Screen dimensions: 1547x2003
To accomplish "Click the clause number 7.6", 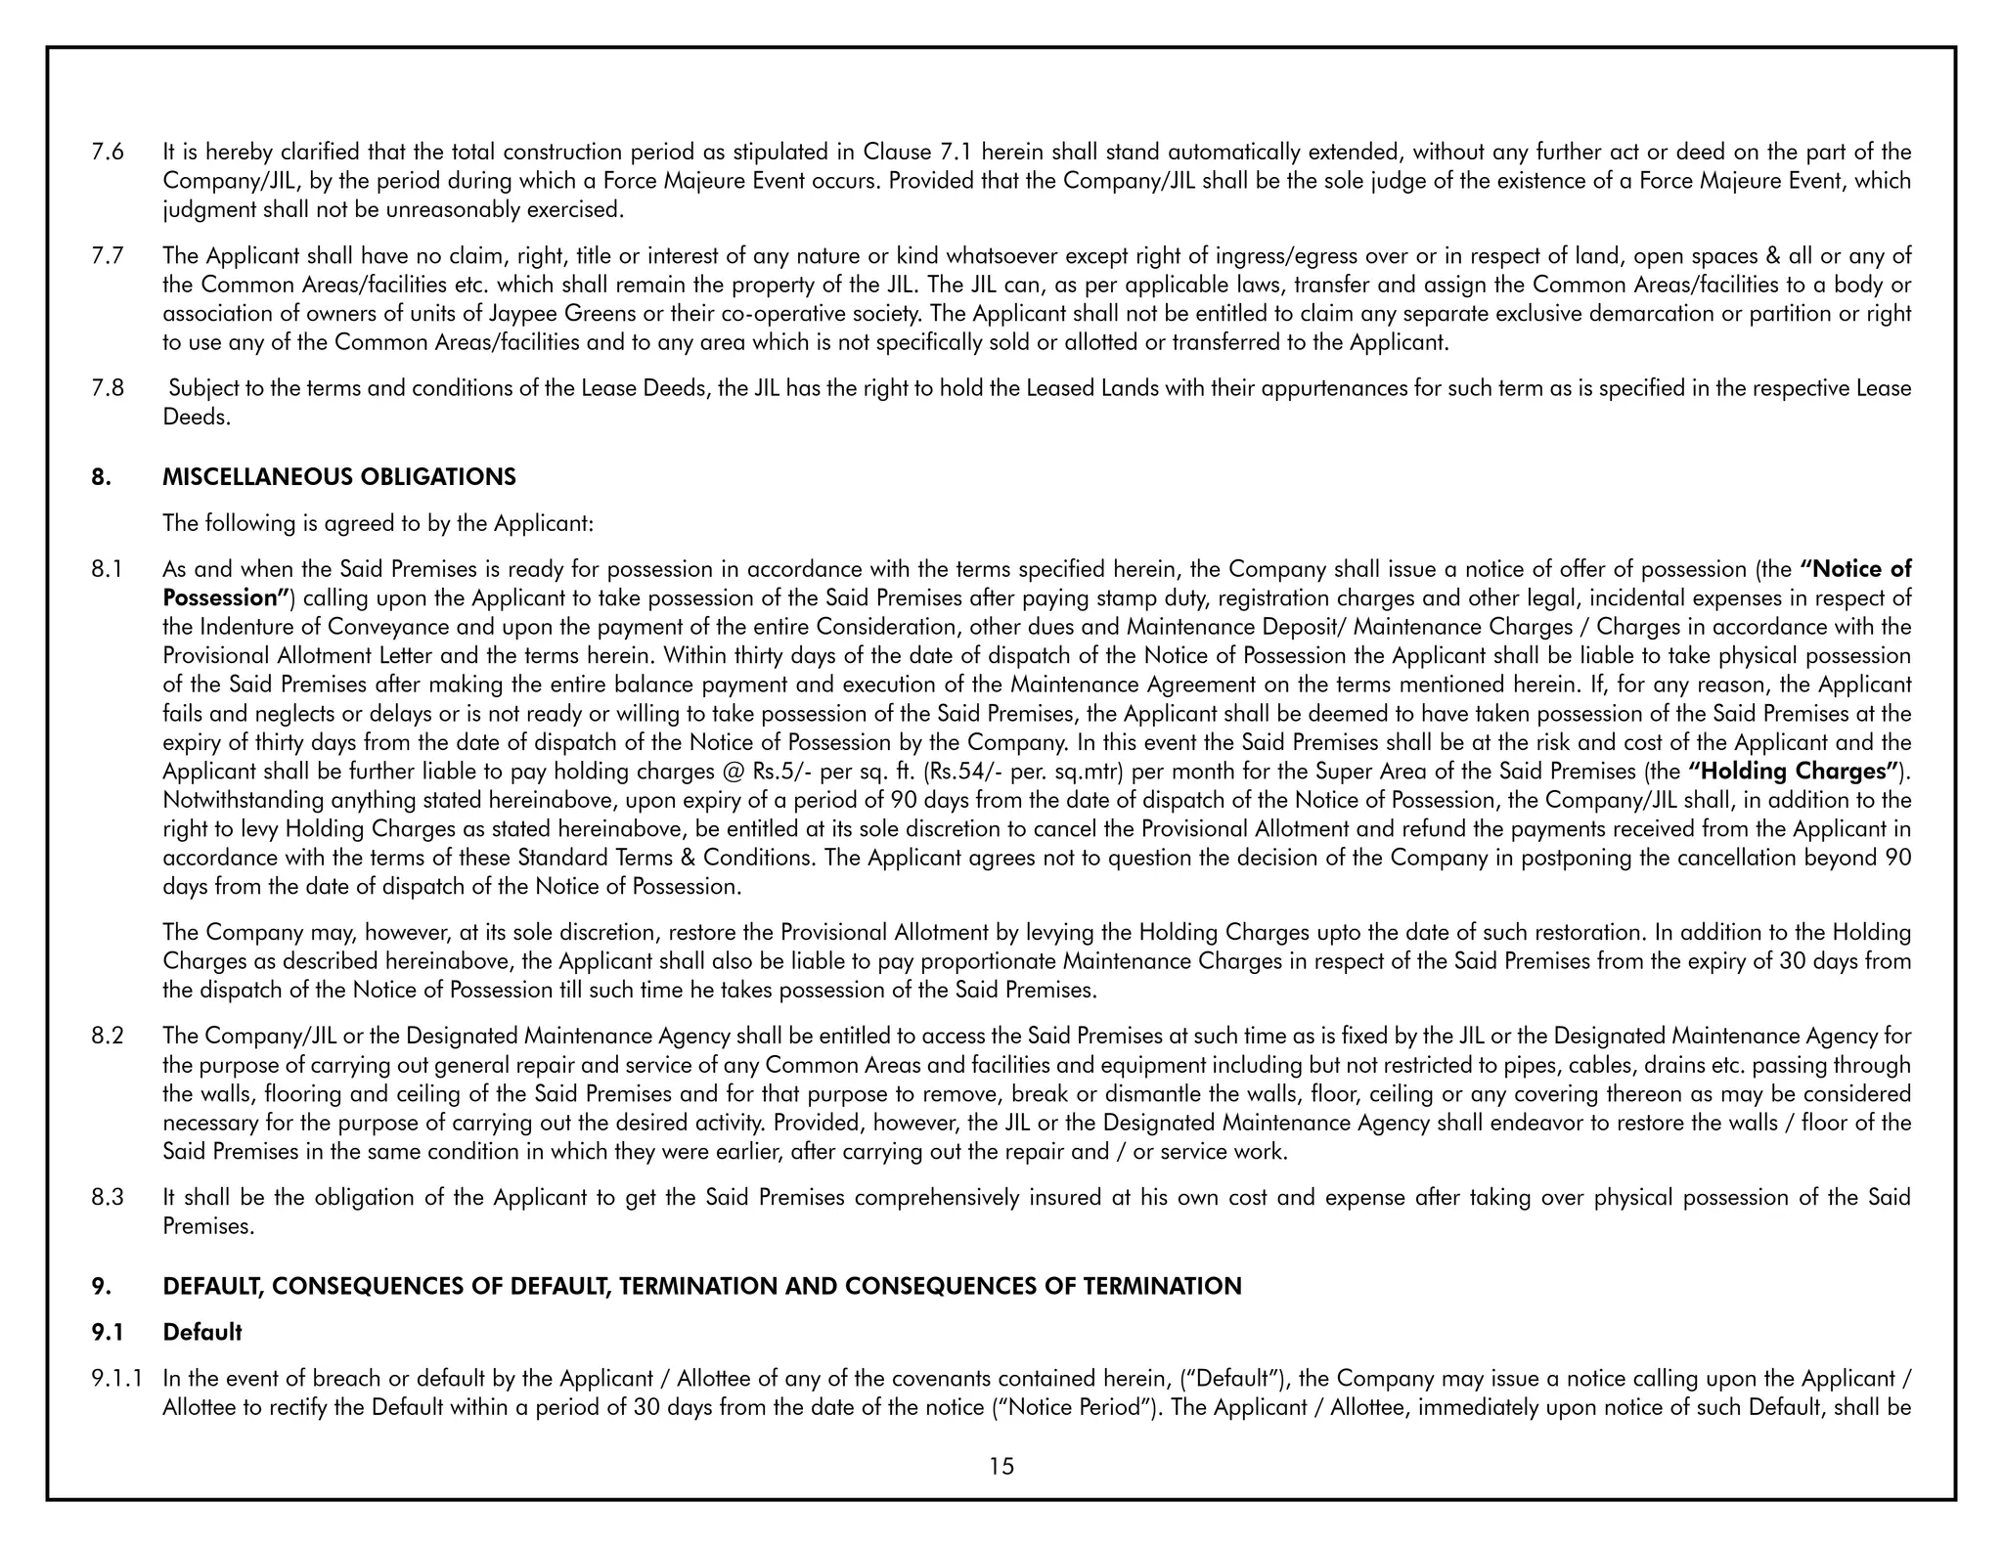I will pyautogui.click(x=107, y=153).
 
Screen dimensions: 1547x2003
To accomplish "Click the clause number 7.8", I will pyautogui.click(x=107, y=388).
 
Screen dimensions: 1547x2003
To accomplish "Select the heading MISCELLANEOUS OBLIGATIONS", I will pyautogui.click(x=338, y=477).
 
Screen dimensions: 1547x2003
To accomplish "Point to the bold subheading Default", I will pyautogui.click(x=202, y=1332).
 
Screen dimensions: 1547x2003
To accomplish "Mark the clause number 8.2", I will pyautogui.click(x=107, y=1036).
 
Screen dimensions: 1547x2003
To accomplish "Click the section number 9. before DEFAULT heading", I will pyautogui.click(x=101, y=1286).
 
